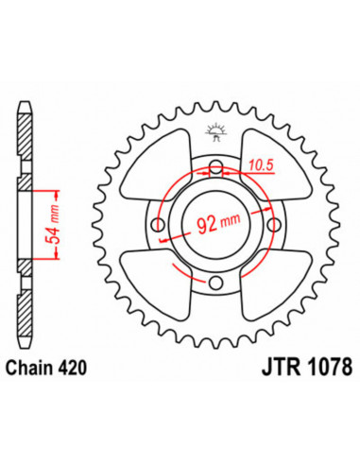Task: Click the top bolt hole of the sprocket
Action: click(x=216, y=166)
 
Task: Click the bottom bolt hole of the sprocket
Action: click(x=216, y=283)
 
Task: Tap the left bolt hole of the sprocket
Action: click(x=158, y=225)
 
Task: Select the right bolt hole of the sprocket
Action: click(x=274, y=225)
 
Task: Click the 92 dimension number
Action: click(x=207, y=224)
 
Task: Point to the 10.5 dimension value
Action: click(x=261, y=165)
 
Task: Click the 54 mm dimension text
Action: click(x=53, y=224)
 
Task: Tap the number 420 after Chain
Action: click(x=73, y=368)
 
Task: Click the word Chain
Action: click(x=30, y=368)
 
